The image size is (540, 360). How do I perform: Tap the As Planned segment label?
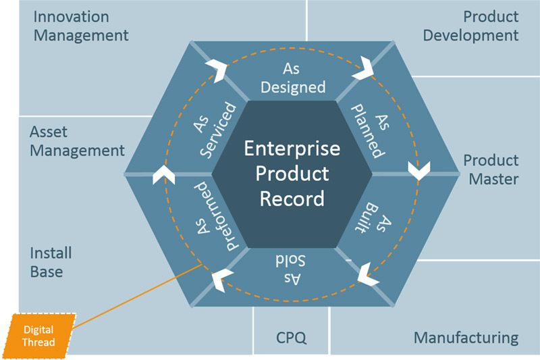[369, 129]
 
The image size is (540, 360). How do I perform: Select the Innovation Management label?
[80, 25]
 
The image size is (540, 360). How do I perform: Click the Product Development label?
[471, 26]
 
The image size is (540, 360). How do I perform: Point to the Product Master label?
[491, 170]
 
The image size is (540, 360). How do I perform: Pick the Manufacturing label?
[466, 337]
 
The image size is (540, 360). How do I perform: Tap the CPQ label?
[292, 337]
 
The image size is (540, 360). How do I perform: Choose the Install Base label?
[51, 263]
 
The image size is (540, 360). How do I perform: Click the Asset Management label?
[78, 140]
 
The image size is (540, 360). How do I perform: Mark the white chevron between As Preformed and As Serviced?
[163, 174]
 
